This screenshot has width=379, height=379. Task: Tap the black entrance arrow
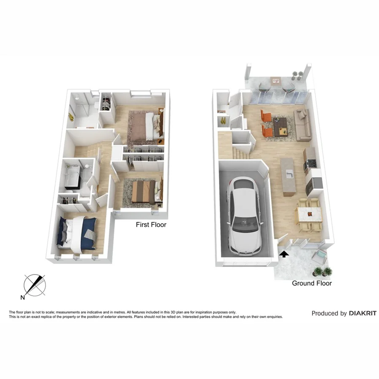coord(284,254)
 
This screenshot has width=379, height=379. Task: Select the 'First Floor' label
coord(151,225)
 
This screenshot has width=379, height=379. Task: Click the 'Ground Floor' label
coord(312,283)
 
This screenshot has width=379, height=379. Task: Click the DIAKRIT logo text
coord(363,313)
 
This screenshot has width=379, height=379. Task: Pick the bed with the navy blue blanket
coord(78,231)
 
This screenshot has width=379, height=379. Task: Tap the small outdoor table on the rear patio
coord(276,80)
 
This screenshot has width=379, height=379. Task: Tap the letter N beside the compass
coord(23,298)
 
